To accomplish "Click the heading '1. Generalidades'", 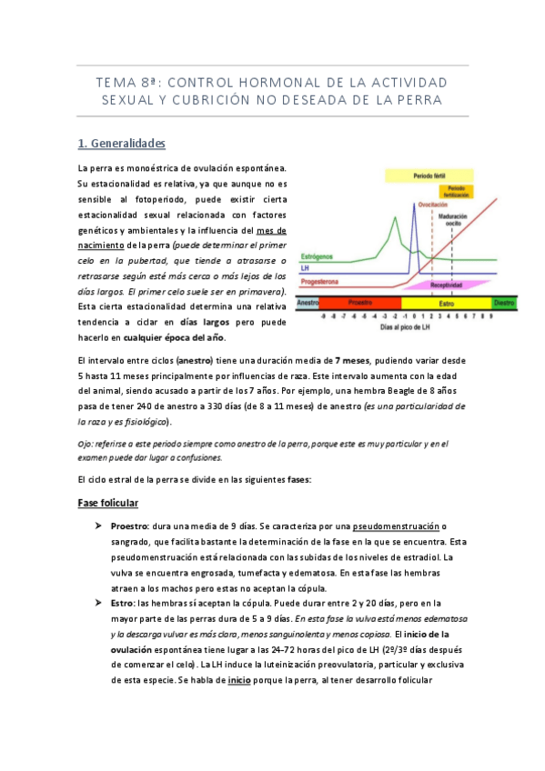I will (122, 143).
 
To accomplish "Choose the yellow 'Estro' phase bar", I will (445, 302).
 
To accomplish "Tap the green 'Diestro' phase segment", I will (503, 302).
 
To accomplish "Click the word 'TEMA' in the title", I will (117, 84).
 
